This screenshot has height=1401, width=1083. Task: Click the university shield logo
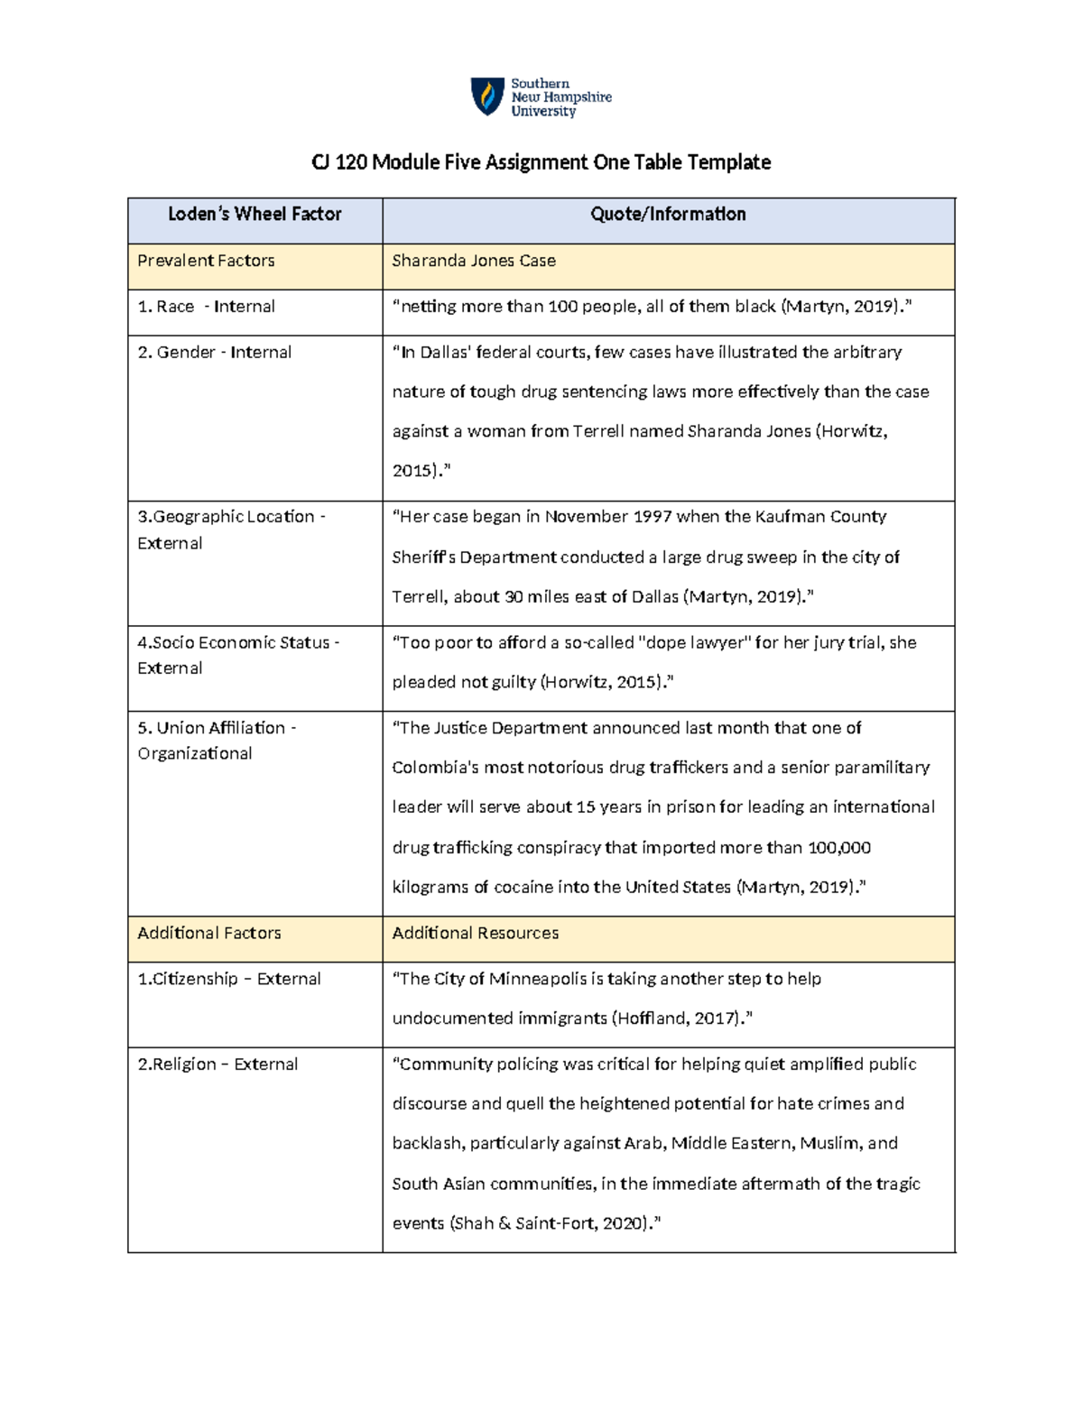487,97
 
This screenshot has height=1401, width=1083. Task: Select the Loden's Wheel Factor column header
255,215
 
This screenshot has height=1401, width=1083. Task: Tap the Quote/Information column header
668,215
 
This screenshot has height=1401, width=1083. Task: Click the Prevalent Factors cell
206,261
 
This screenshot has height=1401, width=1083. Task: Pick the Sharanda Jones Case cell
474,261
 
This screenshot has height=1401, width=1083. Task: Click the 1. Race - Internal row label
206,307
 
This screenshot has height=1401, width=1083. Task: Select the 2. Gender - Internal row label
214,353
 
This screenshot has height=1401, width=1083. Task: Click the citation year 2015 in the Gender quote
412,471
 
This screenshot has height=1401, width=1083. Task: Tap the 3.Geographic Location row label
231,517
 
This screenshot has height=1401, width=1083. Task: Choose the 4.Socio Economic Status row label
238,643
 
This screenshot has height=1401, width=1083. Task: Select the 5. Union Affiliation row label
217,728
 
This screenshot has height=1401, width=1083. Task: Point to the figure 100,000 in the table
839,848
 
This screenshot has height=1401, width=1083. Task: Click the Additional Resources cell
475,934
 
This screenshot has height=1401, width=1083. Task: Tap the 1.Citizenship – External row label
229,980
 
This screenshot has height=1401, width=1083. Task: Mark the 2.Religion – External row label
218,1065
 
